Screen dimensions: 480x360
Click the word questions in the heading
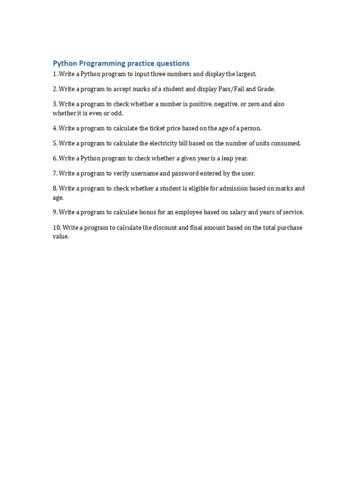171,63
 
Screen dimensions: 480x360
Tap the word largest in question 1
246,74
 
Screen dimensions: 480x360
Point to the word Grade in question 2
266,89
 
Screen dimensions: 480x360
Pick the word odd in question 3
117,113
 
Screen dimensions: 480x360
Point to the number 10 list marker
57,228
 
